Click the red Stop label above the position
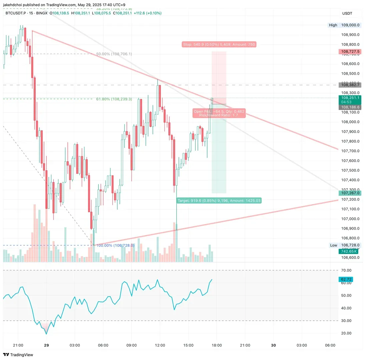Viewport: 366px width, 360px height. point(219,44)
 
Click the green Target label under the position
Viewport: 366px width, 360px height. point(219,201)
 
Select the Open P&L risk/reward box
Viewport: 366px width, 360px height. point(219,113)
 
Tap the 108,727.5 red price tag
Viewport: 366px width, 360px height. point(350,52)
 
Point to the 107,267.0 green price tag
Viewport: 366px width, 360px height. point(350,193)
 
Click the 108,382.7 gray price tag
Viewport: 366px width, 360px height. point(350,85)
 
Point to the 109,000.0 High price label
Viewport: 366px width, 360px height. point(350,25)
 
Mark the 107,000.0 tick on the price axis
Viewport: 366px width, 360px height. point(350,219)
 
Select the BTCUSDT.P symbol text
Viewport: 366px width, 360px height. point(16,13)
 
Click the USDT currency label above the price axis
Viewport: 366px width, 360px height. point(347,13)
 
